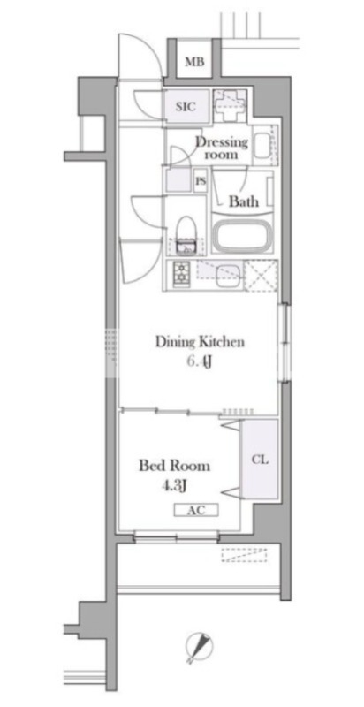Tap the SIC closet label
186,107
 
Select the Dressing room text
222,148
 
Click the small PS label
201,181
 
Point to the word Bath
244,201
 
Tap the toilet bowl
186,232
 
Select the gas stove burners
181,273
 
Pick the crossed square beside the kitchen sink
261,276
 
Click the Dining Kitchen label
200,342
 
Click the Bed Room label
174,466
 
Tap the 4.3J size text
174,486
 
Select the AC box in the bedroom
196,510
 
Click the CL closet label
260,460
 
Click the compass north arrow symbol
198,647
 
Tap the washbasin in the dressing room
262,145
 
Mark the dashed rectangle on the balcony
244,555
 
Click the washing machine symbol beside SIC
230,106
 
